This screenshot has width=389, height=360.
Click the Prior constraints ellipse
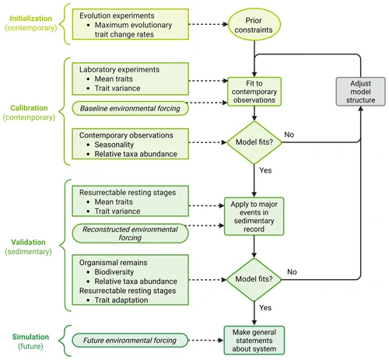click(x=254, y=25)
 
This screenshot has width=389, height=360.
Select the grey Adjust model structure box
click(x=360, y=92)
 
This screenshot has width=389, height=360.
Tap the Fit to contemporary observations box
click(x=254, y=92)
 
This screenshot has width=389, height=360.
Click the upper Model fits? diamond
click(x=254, y=142)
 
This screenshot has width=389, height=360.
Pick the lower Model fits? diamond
click(x=254, y=279)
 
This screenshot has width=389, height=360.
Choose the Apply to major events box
click(x=254, y=216)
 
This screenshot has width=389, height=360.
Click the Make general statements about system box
click(x=254, y=341)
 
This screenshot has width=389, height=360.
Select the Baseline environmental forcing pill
click(x=130, y=108)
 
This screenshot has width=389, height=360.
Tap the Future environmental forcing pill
click(x=130, y=341)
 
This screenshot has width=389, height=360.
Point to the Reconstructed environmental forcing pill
click(x=130, y=233)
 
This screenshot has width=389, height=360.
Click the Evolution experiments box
click(x=131, y=24)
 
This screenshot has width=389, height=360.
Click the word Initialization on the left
click(x=31, y=19)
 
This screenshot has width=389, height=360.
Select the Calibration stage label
click(x=29, y=113)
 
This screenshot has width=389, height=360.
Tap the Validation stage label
click(x=28, y=246)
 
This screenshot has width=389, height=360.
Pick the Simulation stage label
click(x=30, y=341)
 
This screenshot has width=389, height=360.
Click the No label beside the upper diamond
click(x=289, y=135)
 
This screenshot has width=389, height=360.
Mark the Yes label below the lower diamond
click(x=265, y=308)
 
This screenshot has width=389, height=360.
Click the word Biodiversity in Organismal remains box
click(x=114, y=272)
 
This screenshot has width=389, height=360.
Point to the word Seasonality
click(x=114, y=145)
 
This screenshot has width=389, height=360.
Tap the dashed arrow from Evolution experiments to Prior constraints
click(x=209, y=24)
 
